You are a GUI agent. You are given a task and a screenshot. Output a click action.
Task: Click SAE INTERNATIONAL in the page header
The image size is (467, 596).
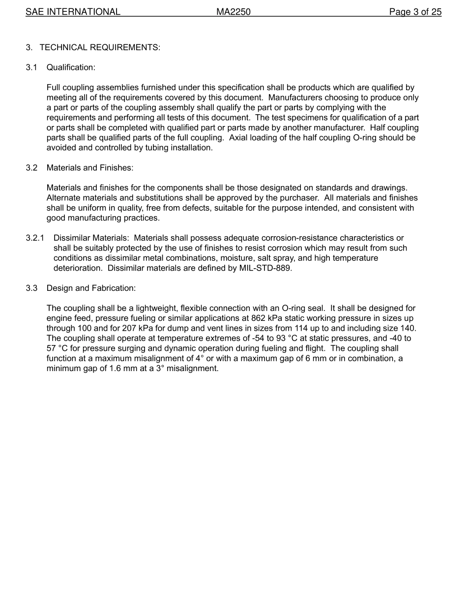pos(73,12)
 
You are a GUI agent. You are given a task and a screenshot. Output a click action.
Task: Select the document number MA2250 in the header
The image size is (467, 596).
pos(233,12)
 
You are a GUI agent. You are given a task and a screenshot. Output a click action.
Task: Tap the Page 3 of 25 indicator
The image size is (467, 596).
pos(415,12)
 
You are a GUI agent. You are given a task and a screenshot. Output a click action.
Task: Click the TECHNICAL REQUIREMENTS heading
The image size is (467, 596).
pos(100,47)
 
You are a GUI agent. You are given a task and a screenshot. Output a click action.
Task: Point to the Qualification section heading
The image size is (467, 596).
pos(71,67)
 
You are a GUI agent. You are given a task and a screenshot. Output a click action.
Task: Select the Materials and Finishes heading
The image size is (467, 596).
pos(90,168)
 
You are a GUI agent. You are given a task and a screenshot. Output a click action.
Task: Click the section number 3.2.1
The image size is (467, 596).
pos(35,238)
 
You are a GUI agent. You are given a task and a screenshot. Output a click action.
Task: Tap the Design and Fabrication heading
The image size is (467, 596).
pos(91,288)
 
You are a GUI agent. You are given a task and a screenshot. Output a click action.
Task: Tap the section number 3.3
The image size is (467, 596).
pos(31,288)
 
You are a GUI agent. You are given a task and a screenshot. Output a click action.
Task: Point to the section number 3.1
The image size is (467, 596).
pos(31,67)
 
